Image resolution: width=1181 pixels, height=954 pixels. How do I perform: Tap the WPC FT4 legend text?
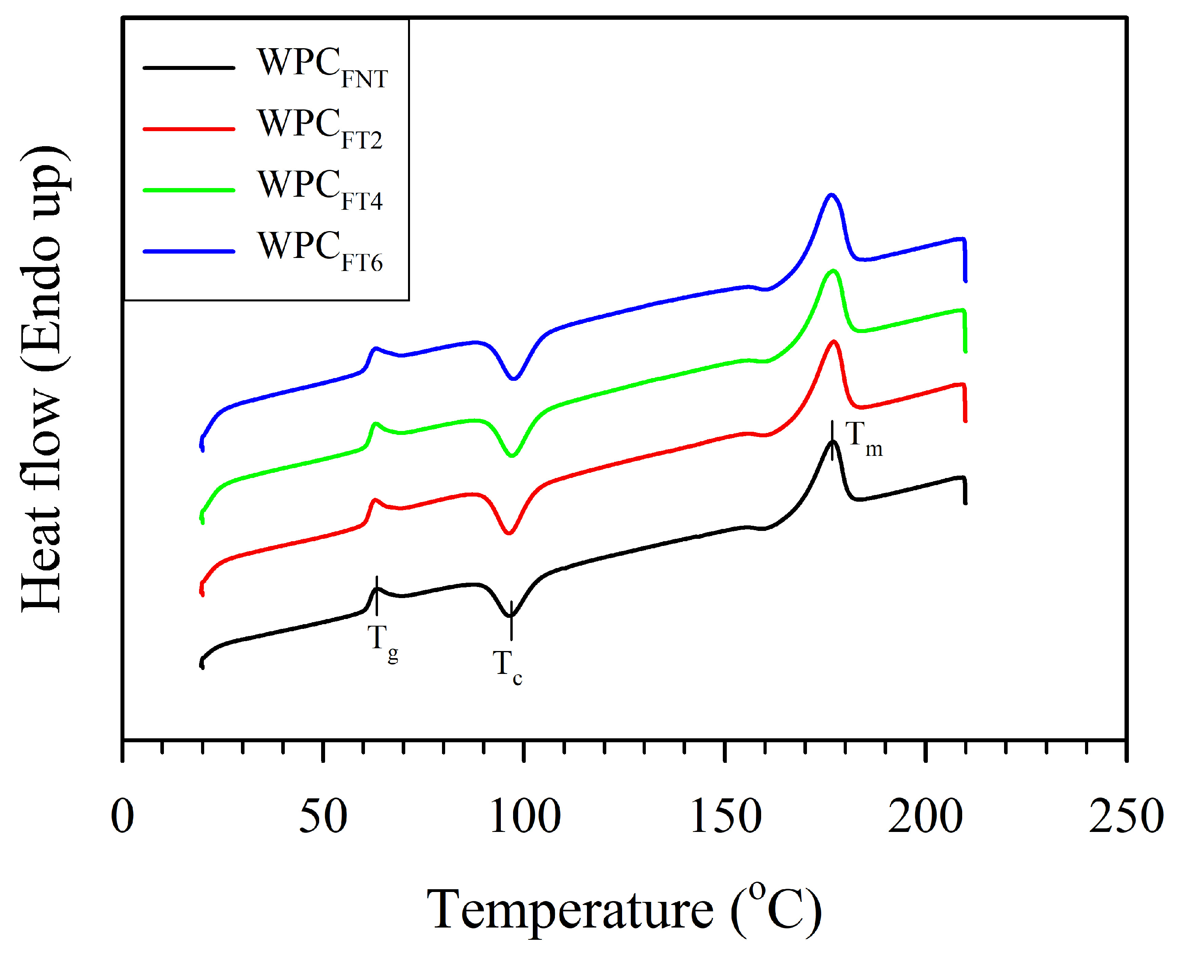tap(320, 190)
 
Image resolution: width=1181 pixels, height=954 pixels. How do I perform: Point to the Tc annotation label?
tap(507, 667)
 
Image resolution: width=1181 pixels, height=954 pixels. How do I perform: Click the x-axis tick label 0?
tap(122, 817)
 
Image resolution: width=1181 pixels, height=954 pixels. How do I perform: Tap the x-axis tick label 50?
tap(323, 817)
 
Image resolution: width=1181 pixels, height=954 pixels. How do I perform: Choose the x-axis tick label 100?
tap(525, 817)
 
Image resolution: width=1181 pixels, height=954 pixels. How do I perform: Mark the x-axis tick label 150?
tap(726, 817)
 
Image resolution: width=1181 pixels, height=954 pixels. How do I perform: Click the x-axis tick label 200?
tap(925, 817)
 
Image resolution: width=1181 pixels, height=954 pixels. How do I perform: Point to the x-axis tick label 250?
tap(1126, 817)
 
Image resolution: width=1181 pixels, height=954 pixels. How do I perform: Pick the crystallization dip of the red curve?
tap(509, 533)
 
